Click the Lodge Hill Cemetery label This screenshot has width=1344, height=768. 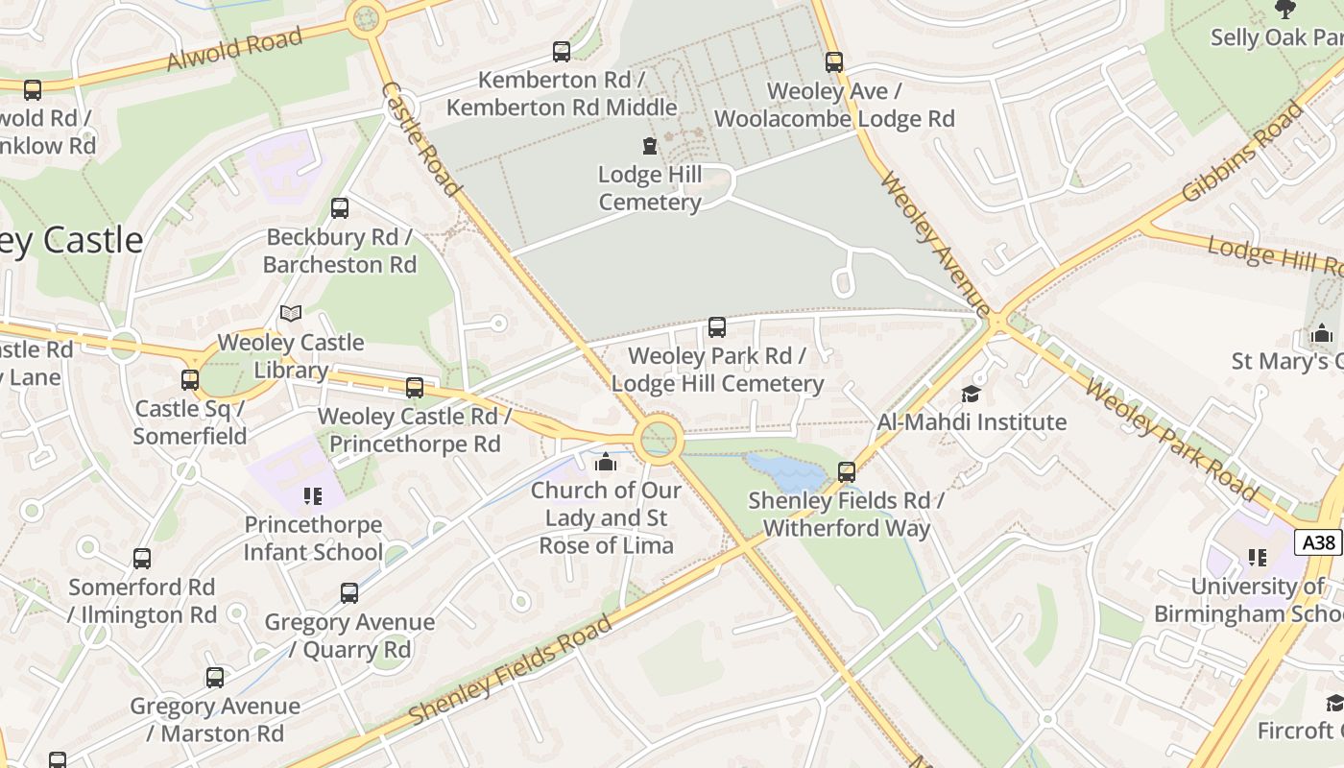[x=650, y=189]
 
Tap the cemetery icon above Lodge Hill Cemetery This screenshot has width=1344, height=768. [x=650, y=147]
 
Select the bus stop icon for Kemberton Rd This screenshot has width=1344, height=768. [x=562, y=52]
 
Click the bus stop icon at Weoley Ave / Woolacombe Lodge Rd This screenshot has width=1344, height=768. [x=834, y=62]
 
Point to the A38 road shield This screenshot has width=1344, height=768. [x=1318, y=542]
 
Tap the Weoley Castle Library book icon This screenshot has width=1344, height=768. [x=291, y=313]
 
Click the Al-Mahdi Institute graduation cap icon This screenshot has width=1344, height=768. [x=971, y=394]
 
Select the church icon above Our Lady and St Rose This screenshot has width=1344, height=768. [x=605, y=463]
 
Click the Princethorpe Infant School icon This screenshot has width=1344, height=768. [x=312, y=496]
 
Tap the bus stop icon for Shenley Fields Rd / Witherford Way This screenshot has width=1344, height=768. [x=847, y=472]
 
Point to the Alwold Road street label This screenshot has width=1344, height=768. [x=235, y=49]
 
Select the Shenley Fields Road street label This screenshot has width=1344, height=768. [x=510, y=670]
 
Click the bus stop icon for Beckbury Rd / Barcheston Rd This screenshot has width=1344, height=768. [x=339, y=208]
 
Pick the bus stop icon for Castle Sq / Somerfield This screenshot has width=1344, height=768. [x=190, y=380]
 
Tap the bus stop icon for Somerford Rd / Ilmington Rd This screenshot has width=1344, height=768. [x=142, y=559]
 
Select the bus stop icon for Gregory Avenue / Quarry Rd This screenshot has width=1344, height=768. [x=349, y=593]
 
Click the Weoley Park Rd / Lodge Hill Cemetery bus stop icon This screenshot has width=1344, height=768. [x=717, y=327]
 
